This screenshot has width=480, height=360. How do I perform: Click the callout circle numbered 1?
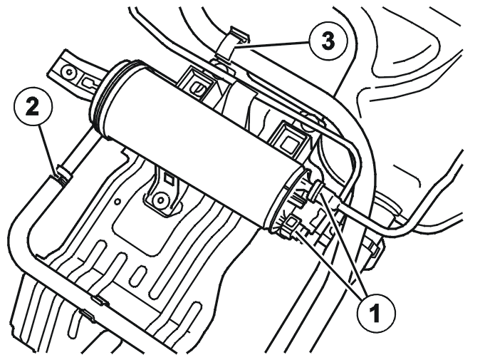(x=376, y=313)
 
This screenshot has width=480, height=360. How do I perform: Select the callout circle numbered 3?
(x=328, y=41)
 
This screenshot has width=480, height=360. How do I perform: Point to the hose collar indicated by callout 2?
(x=63, y=174)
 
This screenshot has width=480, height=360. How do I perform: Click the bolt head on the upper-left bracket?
(x=68, y=73)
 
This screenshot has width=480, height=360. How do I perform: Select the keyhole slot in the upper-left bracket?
(x=91, y=82)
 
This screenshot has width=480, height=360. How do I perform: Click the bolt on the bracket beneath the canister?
(x=160, y=201)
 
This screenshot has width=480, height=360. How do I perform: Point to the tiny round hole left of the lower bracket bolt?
(x=118, y=201)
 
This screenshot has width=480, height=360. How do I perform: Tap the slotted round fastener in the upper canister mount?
(x=196, y=88)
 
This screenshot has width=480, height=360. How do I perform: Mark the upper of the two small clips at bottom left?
(x=100, y=300)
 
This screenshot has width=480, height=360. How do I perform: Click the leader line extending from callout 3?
(x=271, y=45)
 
